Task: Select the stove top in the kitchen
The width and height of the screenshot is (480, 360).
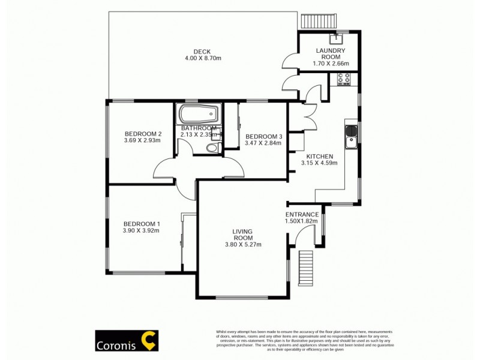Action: coord(345,78)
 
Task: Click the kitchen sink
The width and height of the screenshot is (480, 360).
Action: coord(351,136)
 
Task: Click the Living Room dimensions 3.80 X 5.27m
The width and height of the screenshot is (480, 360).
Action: coord(243,244)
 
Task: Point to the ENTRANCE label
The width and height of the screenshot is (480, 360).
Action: coord(302,214)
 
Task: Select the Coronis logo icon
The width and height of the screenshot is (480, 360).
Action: coord(148,340)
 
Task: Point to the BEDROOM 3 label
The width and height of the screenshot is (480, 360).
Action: coord(263,136)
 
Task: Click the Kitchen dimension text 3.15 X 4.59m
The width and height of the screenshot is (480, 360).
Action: coord(319,163)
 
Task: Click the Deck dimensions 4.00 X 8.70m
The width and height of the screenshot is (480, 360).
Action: coord(203,58)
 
